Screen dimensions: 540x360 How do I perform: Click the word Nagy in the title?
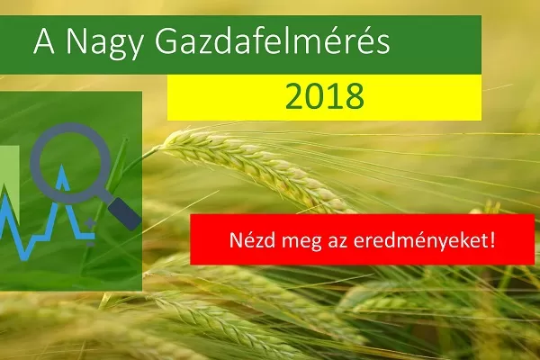[x=103, y=43]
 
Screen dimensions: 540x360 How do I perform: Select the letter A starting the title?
[x=44, y=41]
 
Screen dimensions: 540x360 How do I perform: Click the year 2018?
[x=324, y=95]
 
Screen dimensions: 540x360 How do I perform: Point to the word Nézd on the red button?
[x=252, y=239]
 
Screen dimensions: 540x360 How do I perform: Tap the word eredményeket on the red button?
[x=420, y=241]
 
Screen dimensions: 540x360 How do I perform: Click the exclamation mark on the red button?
[x=492, y=239]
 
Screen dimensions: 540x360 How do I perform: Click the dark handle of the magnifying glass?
[x=124, y=213]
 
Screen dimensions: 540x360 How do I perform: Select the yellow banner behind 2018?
[x=324, y=97]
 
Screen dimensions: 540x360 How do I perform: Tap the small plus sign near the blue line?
[x=90, y=223]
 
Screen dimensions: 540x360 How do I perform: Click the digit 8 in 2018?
[x=355, y=96]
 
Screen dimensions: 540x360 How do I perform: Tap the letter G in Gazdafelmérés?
[x=166, y=41]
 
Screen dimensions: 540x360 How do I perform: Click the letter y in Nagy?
[x=133, y=48]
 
